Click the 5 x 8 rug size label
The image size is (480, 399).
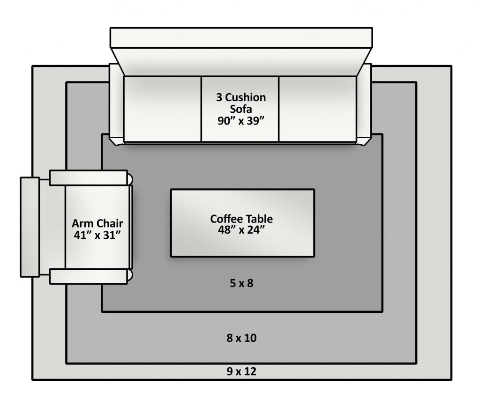coord(241,283)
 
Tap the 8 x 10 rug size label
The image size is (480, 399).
coord(241,338)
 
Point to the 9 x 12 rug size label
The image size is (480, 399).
coord(241,371)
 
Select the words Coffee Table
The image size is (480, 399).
coord(241,219)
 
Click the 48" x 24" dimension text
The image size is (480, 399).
coord(241,229)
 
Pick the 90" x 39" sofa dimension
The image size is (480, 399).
coord(241,121)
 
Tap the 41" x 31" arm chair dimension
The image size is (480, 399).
coord(97,235)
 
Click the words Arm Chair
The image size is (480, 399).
coord(97,223)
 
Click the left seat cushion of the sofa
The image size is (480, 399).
coord(162,109)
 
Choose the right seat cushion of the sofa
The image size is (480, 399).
coord(317,109)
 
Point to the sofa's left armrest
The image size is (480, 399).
coord(117,104)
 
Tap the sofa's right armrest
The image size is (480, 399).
coord(364,104)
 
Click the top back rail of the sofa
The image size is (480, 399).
coord(241,37)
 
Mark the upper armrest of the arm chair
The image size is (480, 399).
coord(89,178)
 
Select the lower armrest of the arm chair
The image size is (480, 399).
coord(89,276)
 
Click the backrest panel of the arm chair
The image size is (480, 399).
coord(30,227)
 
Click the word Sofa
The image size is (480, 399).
coord(241,109)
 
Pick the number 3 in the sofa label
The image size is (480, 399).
coord(219,97)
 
